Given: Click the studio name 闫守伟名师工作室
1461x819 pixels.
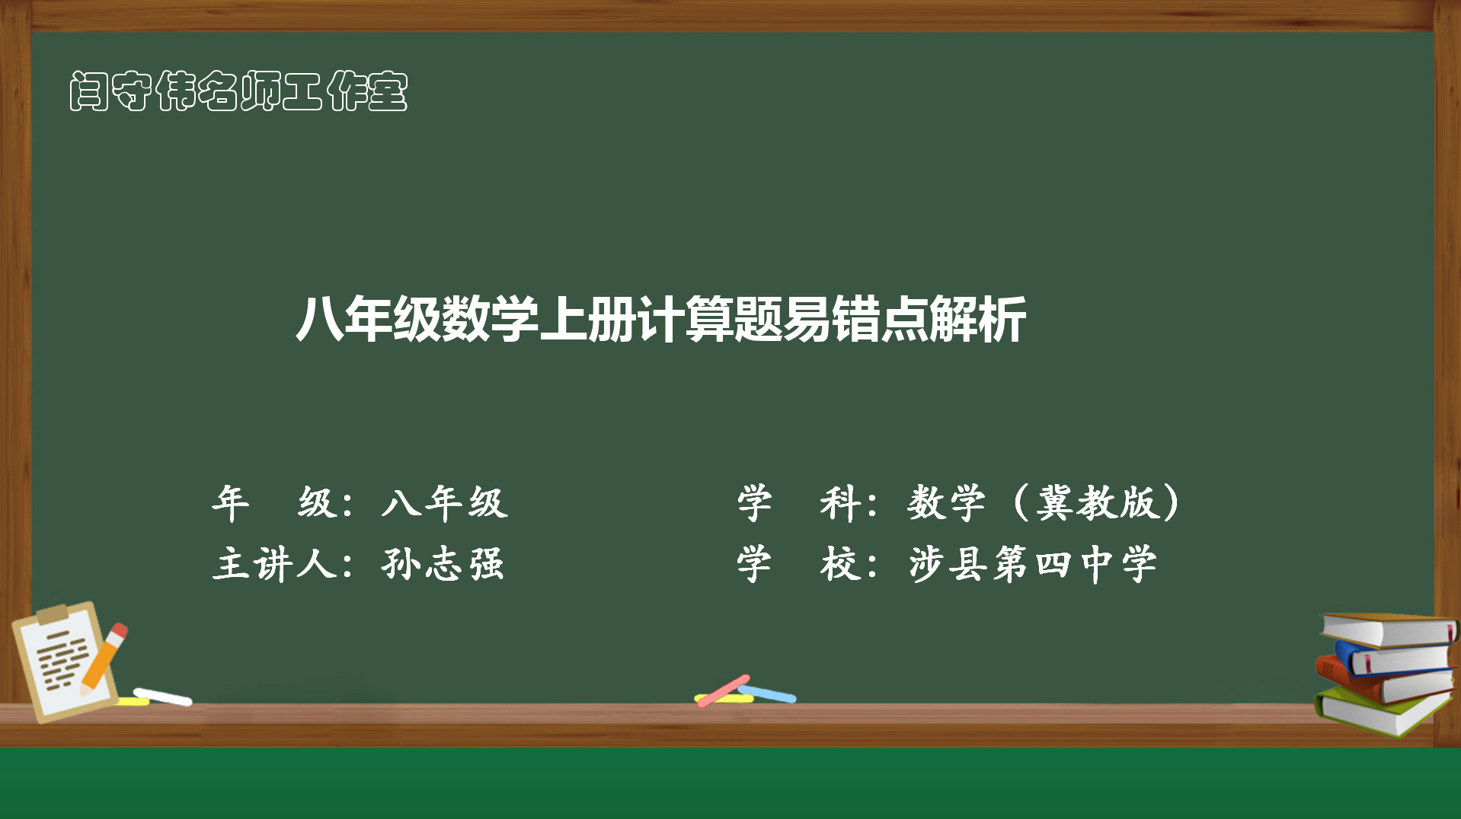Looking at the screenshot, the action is tap(238, 91).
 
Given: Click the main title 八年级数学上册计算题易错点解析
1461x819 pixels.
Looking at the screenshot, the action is tap(661, 319).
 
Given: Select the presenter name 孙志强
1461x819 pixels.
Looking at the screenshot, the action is tap(443, 564).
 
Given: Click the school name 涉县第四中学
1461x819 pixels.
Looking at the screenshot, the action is tap(1033, 564).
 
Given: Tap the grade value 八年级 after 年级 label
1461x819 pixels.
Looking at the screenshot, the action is tap(445, 502).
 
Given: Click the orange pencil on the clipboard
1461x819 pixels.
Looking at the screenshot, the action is tap(104, 659).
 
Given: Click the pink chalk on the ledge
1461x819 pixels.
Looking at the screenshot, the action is tap(723, 690).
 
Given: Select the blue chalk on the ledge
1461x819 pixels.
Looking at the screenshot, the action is tap(767, 693).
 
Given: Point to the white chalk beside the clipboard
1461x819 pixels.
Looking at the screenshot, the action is tap(162, 696).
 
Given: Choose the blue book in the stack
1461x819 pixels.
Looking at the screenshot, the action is tap(1394, 659).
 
